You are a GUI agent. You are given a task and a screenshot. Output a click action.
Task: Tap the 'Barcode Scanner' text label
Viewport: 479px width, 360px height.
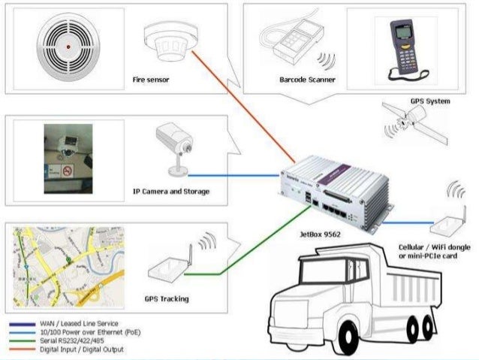coord(307,79)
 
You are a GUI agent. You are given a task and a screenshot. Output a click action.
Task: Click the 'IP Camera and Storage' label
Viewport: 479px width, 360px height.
coord(171,192)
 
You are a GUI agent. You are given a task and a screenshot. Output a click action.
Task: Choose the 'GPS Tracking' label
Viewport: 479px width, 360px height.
coord(167,298)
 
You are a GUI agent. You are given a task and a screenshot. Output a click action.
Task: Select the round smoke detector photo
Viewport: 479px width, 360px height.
coord(68,46)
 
